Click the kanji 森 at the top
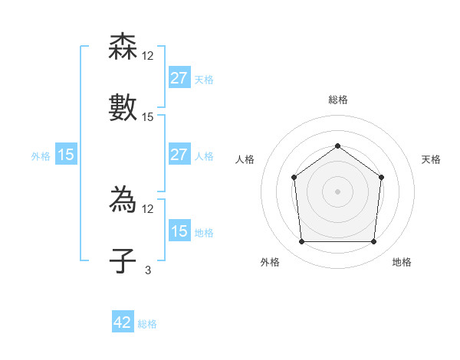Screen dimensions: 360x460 click(x=123, y=47)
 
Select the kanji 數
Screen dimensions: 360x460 click(x=123, y=106)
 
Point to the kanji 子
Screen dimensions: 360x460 click(x=123, y=260)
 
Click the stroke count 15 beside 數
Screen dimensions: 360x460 click(x=148, y=117)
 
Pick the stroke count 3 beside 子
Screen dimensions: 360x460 click(x=148, y=270)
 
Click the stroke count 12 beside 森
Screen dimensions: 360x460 click(x=148, y=56)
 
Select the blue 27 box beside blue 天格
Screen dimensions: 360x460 click(x=179, y=77)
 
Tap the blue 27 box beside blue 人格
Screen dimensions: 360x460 click(x=179, y=155)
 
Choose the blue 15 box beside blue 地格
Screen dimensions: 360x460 click(x=179, y=231)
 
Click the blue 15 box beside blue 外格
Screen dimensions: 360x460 click(x=66, y=155)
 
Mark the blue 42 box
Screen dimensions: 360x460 click(x=123, y=322)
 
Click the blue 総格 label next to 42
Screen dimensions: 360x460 click(x=147, y=324)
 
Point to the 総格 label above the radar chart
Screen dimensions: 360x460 click(x=337, y=100)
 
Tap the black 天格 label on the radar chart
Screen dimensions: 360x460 click(x=431, y=159)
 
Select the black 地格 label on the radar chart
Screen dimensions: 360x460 click(x=402, y=262)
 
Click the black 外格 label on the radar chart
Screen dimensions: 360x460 click(x=270, y=262)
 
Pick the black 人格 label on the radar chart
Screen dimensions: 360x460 click(x=245, y=159)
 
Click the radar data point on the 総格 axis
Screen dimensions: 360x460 click(x=337, y=146)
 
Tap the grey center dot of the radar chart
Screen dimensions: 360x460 click(x=337, y=191)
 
